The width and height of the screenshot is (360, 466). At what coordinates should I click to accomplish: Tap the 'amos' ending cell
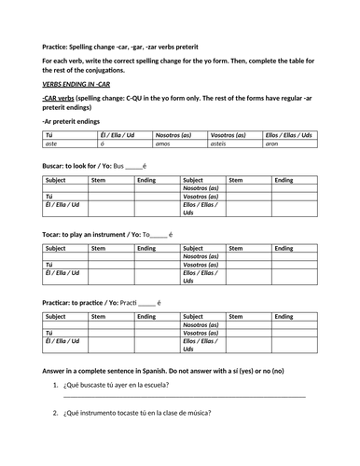coord(162,144)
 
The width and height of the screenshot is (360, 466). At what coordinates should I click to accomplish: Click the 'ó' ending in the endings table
coord(102,144)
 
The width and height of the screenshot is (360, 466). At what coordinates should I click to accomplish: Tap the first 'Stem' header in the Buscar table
coord(98,180)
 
